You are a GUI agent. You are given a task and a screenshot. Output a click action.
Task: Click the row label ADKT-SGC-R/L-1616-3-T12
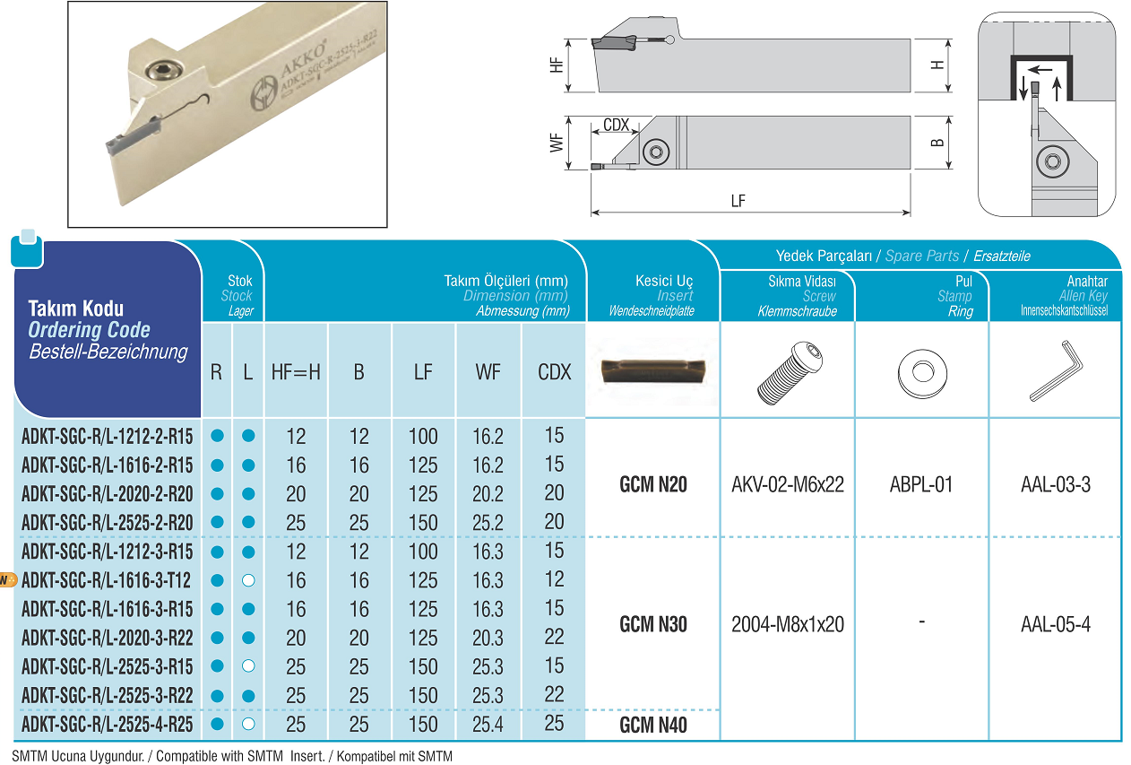(x=106, y=580)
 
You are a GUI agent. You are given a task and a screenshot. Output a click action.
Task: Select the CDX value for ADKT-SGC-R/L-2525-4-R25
(x=554, y=724)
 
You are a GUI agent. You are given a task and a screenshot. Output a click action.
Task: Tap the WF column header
(x=488, y=372)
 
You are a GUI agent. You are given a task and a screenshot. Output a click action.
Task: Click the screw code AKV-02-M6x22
(x=788, y=484)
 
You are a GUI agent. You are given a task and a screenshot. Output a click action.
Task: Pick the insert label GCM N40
(x=652, y=725)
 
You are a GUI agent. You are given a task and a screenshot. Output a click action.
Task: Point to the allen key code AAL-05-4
(x=1055, y=624)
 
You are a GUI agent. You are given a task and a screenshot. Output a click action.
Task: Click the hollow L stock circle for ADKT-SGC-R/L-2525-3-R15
(x=248, y=666)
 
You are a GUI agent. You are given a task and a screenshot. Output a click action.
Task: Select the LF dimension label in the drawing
(x=738, y=201)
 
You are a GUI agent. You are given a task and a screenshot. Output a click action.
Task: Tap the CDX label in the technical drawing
(x=616, y=125)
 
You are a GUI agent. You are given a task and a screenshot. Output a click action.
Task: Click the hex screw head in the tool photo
(x=162, y=72)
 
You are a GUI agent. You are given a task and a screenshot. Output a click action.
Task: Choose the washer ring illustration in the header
(x=922, y=373)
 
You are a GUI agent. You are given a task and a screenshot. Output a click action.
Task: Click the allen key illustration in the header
(x=1057, y=370)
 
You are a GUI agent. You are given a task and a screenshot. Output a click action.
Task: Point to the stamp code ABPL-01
(x=921, y=484)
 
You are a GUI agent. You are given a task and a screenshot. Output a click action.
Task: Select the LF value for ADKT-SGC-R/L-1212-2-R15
(x=423, y=436)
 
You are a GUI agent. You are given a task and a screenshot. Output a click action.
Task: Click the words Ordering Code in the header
(x=89, y=330)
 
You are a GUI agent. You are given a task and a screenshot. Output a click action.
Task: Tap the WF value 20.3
(x=488, y=638)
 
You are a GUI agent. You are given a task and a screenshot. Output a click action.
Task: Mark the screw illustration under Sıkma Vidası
(x=790, y=373)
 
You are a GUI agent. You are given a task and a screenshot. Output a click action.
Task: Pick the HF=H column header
(x=296, y=372)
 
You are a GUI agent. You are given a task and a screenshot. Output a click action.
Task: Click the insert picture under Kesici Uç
(x=652, y=372)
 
